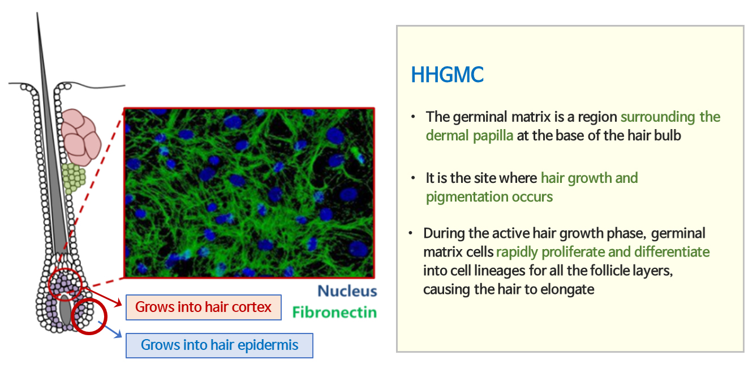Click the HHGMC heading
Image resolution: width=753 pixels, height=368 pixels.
[x=447, y=75]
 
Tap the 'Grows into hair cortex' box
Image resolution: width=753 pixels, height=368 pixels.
[x=203, y=307]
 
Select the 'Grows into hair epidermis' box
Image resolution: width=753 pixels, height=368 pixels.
[x=219, y=345]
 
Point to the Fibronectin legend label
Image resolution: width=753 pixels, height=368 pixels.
[x=334, y=313]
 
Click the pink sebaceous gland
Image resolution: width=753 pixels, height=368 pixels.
[x=81, y=136]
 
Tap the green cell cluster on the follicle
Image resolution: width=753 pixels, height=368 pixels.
[x=73, y=178]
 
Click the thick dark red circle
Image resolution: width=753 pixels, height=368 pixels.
[x=89, y=316]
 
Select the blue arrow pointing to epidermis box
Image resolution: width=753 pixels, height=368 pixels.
[x=110, y=330]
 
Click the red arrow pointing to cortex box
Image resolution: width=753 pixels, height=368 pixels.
[x=102, y=296]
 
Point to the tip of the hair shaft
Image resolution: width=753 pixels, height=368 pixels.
[x=37, y=13]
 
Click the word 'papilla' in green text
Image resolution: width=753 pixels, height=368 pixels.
[x=493, y=135]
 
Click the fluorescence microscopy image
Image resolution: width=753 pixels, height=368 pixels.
[x=249, y=192]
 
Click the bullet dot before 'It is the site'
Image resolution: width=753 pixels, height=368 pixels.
[x=413, y=178]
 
